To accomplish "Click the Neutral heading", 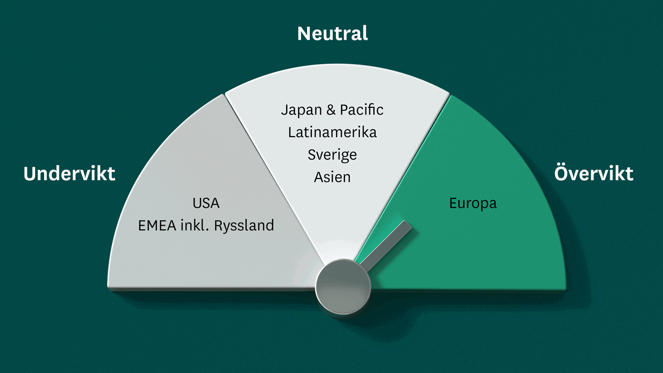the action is pyautogui.click(x=332, y=34).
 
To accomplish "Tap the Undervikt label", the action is pyautogui.click(x=69, y=174).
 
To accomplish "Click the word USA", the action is pyautogui.click(x=206, y=203).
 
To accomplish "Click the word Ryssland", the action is pyautogui.click(x=244, y=226).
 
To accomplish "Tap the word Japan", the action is pyautogui.click(x=301, y=110).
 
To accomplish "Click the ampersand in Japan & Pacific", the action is pyautogui.click(x=331, y=110).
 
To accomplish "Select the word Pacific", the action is pyautogui.click(x=362, y=110).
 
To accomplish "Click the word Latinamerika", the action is pyautogui.click(x=332, y=132).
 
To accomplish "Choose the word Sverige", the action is pyautogui.click(x=332, y=155).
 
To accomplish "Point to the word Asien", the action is pyautogui.click(x=332, y=177).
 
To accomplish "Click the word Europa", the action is pyautogui.click(x=473, y=204).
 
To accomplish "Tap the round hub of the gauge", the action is pyautogui.click(x=343, y=286).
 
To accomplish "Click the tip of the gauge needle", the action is pyautogui.click(x=408, y=225).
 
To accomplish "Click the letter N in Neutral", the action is pyautogui.click(x=304, y=34).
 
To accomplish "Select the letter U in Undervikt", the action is pyautogui.click(x=30, y=174).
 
